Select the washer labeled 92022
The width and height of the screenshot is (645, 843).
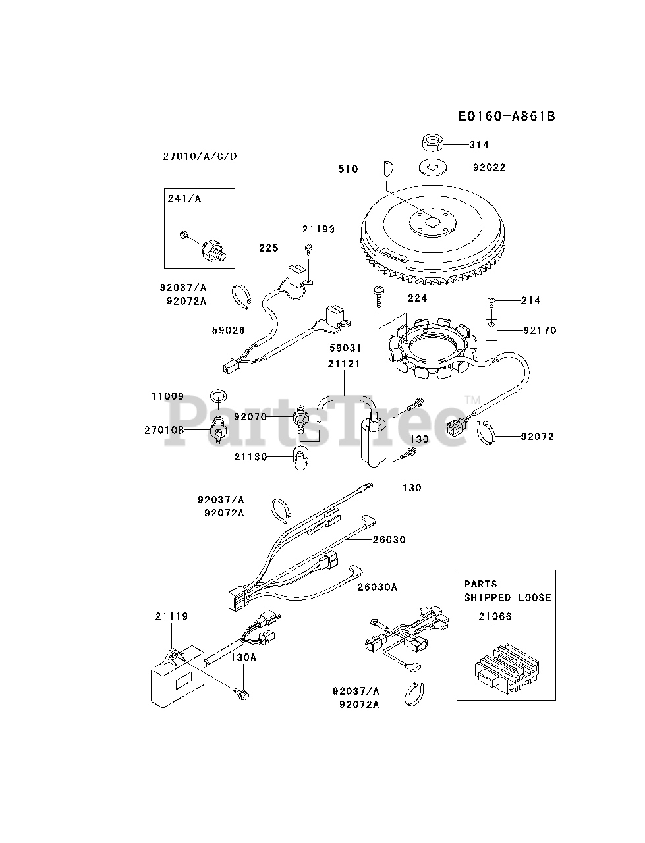pyautogui.click(x=433, y=167)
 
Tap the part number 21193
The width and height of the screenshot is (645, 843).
pyautogui.click(x=318, y=229)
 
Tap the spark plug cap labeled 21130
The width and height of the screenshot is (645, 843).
pyautogui.click(x=300, y=456)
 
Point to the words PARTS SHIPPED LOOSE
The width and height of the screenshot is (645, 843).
pyautogui.click(x=507, y=591)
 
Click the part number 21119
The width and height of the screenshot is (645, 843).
pyautogui.click(x=171, y=616)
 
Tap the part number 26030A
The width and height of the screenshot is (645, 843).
pyautogui.click(x=377, y=586)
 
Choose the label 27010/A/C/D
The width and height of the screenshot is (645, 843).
pyautogui.click(x=199, y=156)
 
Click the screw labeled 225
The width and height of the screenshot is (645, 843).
pyautogui.click(x=308, y=248)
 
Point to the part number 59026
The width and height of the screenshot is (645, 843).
pyautogui.click(x=229, y=330)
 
